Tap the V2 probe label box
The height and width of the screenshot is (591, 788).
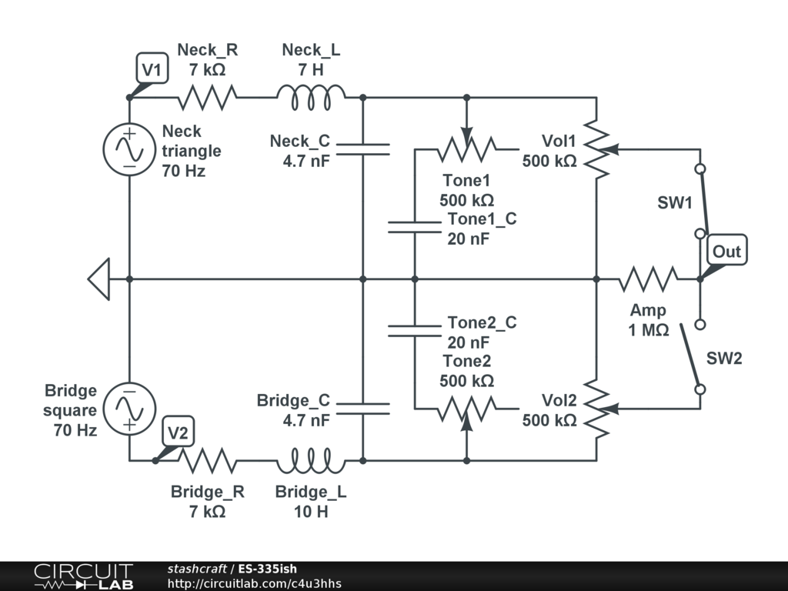point(178,433)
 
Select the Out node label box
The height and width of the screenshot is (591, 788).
point(726,251)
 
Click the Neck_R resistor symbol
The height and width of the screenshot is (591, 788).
point(207,98)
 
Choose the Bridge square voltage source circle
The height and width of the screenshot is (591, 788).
point(129,408)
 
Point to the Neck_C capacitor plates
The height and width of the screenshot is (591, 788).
point(362,149)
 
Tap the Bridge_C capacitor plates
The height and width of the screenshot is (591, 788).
point(362,408)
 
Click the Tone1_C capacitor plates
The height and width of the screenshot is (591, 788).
point(415,226)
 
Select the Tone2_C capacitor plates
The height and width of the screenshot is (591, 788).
point(415,330)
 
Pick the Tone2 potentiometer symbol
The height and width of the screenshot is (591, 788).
point(466,409)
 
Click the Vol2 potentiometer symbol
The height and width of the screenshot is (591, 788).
point(597,408)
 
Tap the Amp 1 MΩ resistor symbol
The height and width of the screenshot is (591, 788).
point(649,279)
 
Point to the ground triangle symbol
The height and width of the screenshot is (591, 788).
point(99,279)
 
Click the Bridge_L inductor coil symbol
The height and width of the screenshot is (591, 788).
point(311,462)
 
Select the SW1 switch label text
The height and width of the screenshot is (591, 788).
point(674,204)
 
